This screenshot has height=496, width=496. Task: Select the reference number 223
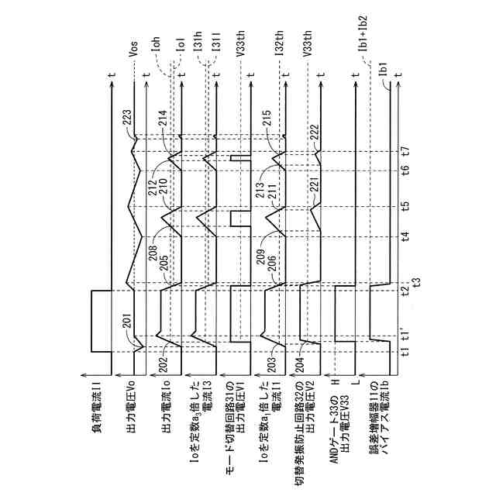pos(127,118)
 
